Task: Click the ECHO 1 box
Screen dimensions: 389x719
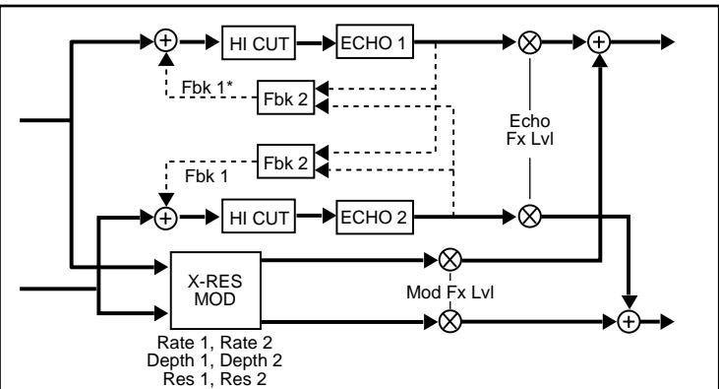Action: coord(374,44)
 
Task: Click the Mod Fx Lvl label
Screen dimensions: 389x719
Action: coord(450,292)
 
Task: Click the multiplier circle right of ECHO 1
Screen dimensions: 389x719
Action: coord(531,44)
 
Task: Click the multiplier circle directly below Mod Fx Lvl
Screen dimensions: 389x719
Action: coord(450,320)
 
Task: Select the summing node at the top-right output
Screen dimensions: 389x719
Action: coord(599,44)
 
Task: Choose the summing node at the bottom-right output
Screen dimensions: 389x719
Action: coord(628,320)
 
